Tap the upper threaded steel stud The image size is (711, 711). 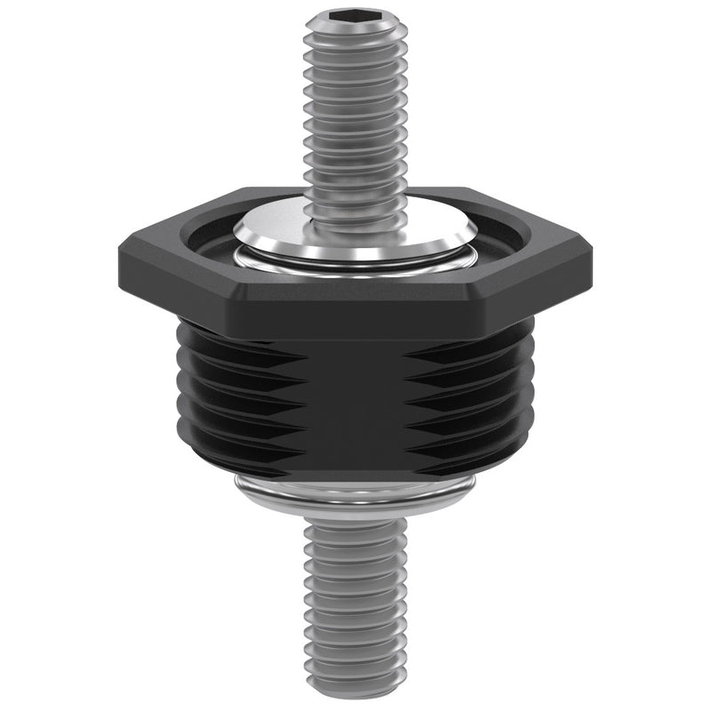click(x=355, y=116)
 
